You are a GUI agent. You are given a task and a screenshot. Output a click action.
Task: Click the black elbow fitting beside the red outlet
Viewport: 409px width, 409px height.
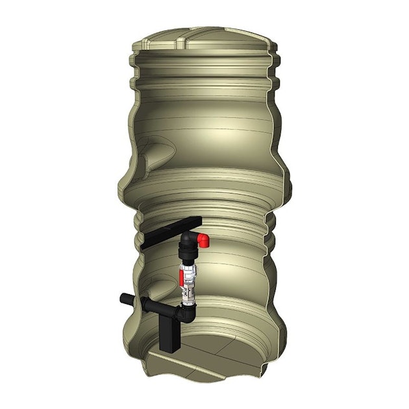click(189, 240)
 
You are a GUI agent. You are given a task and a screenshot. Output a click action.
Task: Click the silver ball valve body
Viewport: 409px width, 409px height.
click(189, 279)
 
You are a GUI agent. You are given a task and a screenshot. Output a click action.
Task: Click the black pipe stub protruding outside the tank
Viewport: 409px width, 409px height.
click(125, 299)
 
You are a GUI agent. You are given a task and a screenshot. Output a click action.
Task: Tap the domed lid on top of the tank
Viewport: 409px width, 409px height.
click(204, 42)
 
